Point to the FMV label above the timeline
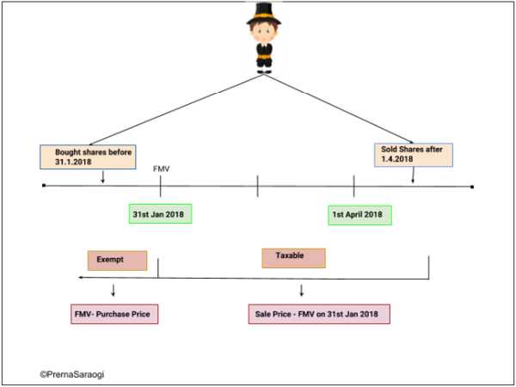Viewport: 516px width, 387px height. click(x=161, y=169)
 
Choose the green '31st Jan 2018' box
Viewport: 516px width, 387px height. click(x=160, y=213)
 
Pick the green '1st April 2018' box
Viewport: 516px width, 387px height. click(x=359, y=214)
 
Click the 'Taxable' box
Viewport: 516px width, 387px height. click(x=294, y=258)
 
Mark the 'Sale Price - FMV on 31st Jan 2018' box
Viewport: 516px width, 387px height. click(x=317, y=314)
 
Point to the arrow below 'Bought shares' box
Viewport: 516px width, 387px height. click(x=103, y=176)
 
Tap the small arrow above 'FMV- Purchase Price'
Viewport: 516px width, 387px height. click(x=113, y=290)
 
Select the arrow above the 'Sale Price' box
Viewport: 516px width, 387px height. click(x=302, y=290)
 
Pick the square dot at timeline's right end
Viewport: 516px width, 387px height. click(x=472, y=186)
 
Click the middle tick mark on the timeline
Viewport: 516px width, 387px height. click(x=257, y=186)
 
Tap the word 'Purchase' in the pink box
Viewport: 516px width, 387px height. click(x=123, y=314)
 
